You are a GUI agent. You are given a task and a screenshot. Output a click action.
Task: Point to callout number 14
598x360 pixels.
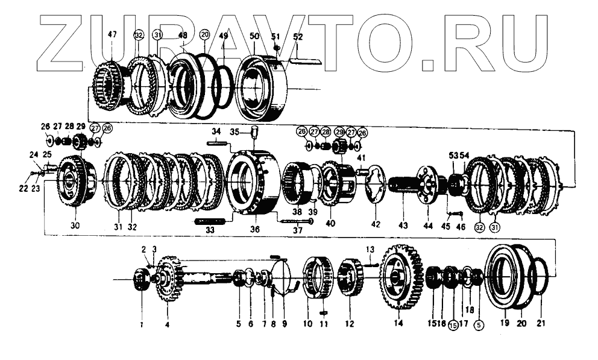pos(398,323)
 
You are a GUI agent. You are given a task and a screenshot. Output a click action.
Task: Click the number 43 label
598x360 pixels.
pos(403,226)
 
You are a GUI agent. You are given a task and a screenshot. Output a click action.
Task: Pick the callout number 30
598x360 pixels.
pos(75,226)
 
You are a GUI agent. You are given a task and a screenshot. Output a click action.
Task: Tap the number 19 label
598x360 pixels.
pos(505,323)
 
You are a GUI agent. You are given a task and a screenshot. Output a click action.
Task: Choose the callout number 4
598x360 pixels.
pos(167,323)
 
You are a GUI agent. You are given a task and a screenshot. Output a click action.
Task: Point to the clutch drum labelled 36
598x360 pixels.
pos(253,181)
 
